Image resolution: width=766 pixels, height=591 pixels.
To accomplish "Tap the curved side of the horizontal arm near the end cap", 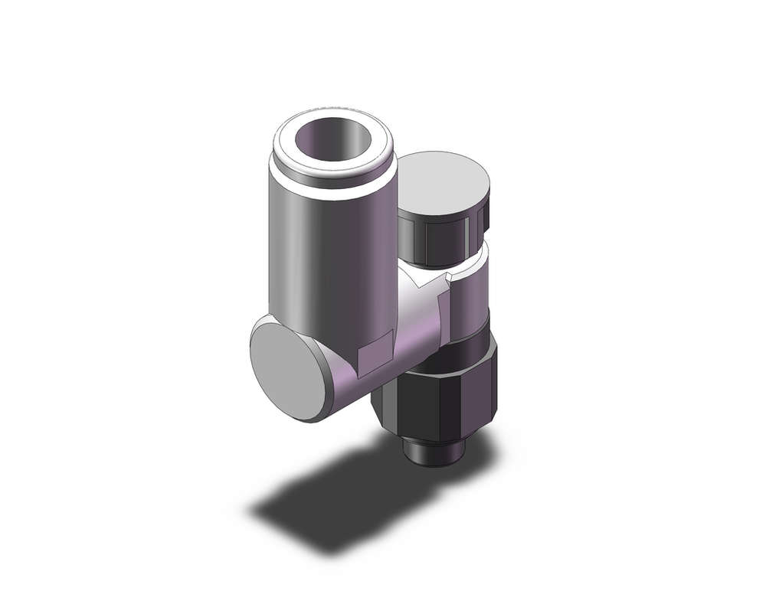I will click(x=345, y=383).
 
